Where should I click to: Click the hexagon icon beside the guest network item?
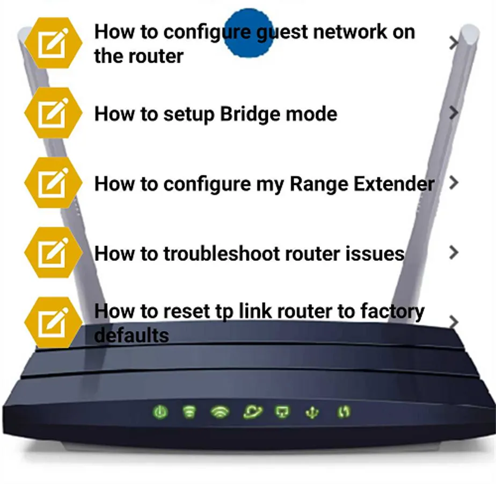(53, 43)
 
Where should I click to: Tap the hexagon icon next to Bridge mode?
(53, 113)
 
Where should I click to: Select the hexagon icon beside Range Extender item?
(53, 182)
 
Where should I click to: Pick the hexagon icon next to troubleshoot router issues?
(53, 253)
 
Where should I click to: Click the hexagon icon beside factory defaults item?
(53, 323)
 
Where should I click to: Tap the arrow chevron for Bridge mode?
(454, 112)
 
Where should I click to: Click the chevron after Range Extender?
(454, 182)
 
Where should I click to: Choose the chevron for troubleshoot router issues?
(454, 253)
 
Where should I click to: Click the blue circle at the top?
(249, 33)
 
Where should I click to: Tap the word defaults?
(132, 336)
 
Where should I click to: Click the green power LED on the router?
(160, 412)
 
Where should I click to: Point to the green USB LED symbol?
(312, 413)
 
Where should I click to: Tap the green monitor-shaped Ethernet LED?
(282, 412)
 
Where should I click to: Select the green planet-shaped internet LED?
(252, 412)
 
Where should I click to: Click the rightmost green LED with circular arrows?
(344, 412)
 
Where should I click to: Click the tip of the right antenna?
(469, 28)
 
